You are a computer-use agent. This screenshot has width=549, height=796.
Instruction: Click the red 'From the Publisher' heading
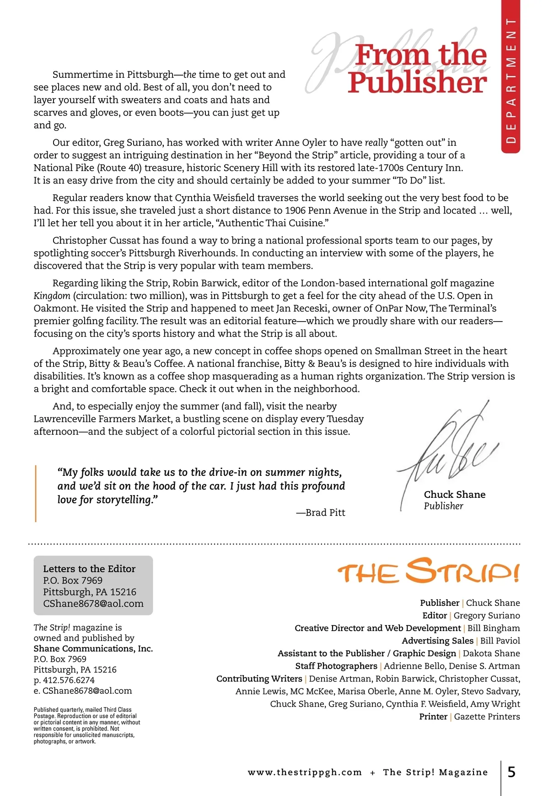(x=417, y=69)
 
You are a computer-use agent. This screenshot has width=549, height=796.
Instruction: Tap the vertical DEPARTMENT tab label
(x=511, y=80)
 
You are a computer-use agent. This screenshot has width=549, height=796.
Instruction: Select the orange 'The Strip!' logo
(x=428, y=572)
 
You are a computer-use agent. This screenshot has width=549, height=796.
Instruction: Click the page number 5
(x=511, y=772)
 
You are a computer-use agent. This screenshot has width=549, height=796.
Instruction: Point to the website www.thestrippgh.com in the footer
(x=305, y=772)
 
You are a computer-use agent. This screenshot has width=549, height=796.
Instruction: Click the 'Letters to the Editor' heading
(x=89, y=569)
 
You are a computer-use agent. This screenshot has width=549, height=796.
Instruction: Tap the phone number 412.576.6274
(x=69, y=680)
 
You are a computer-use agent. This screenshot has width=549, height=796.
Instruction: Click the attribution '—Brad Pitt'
(x=321, y=512)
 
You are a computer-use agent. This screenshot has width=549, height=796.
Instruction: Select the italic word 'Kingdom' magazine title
(x=52, y=296)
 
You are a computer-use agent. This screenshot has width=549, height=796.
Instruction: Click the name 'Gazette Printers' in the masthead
(x=487, y=716)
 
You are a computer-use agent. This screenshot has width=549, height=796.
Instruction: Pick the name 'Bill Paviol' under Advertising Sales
(x=500, y=641)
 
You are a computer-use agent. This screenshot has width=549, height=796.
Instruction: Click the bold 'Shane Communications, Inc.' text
(x=93, y=649)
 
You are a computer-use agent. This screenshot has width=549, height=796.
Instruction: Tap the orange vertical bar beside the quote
(x=36, y=493)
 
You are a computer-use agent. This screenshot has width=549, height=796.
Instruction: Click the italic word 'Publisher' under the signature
(x=443, y=506)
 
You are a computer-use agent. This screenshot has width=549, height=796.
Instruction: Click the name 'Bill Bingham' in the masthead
(x=494, y=628)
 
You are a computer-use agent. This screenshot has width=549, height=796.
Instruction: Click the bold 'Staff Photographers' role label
(x=336, y=666)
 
